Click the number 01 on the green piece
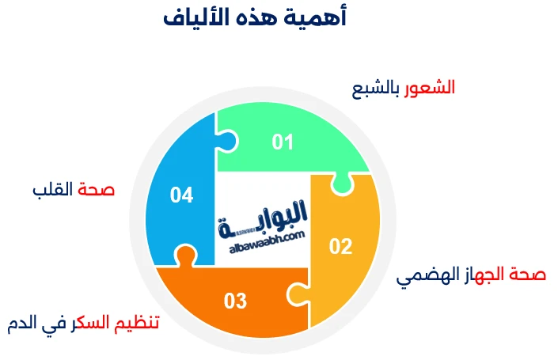(x=283, y=142)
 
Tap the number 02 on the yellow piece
(x=340, y=247)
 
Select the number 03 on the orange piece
(x=235, y=301)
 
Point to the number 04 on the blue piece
(x=181, y=195)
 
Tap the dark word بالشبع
(x=375, y=87)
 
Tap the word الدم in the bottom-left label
(x=23, y=324)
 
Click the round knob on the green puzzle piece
(x=227, y=141)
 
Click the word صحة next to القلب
(x=97, y=190)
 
